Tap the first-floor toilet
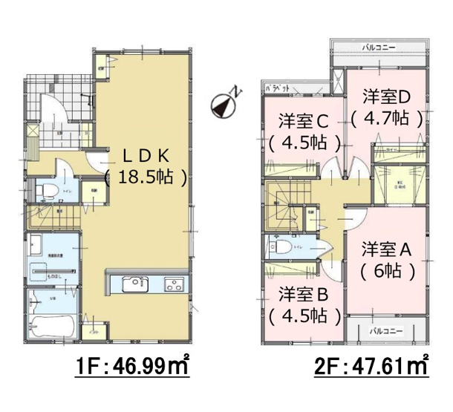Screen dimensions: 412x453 [x=49, y=190]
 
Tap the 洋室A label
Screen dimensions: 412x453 [x=386, y=249]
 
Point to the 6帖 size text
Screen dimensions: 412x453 [x=386, y=271]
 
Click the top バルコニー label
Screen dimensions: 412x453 [x=377, y=46]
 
